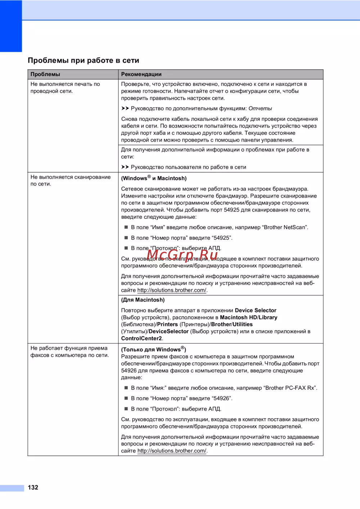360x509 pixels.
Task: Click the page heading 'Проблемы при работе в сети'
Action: point(83,61)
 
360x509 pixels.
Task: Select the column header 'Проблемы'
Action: point(45,74)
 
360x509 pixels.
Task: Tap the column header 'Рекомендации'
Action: point(141,74)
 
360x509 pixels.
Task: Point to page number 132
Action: point(33,487)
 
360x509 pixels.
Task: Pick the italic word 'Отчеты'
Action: point(260,108)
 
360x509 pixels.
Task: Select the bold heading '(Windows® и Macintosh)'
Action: point(154,178)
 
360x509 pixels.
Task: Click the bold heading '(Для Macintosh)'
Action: point(143,300)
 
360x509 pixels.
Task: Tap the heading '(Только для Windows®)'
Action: point(154,349)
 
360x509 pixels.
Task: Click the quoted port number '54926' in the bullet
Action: point(221,398)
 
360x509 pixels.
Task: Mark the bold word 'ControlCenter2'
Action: point(141,338)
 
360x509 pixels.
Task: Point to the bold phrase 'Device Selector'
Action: point(256,310)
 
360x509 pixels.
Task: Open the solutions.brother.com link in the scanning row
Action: point(172,290)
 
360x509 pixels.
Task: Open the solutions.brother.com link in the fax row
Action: point(172,451)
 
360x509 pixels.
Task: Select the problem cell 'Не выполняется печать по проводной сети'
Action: point(65,88)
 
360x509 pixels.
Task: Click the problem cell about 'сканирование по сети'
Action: point(71,180)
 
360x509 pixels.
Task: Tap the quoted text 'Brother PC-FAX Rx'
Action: point(291,388)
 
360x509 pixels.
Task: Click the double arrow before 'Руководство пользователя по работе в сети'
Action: point(125,167)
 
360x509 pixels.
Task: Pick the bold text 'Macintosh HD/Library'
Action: point(248,317)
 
